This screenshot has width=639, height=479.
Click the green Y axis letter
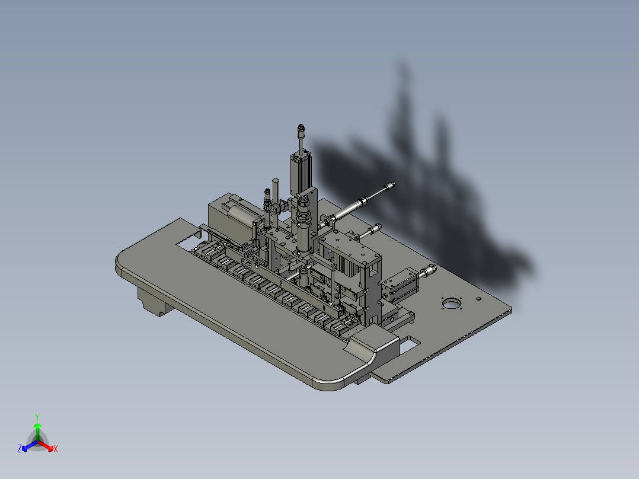[37, 416]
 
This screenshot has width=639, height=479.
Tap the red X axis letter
[55, 449]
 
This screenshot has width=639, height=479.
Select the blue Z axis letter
[20, 449]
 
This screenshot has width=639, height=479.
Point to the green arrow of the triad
[37, 428]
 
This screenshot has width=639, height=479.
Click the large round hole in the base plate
[452, 305]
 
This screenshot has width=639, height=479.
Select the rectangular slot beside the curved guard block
[410, 341]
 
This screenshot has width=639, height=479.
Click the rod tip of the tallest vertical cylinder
[301, 127]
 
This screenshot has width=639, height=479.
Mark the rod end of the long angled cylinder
[390, 187]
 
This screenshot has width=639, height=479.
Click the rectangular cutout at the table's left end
[188, 242]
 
